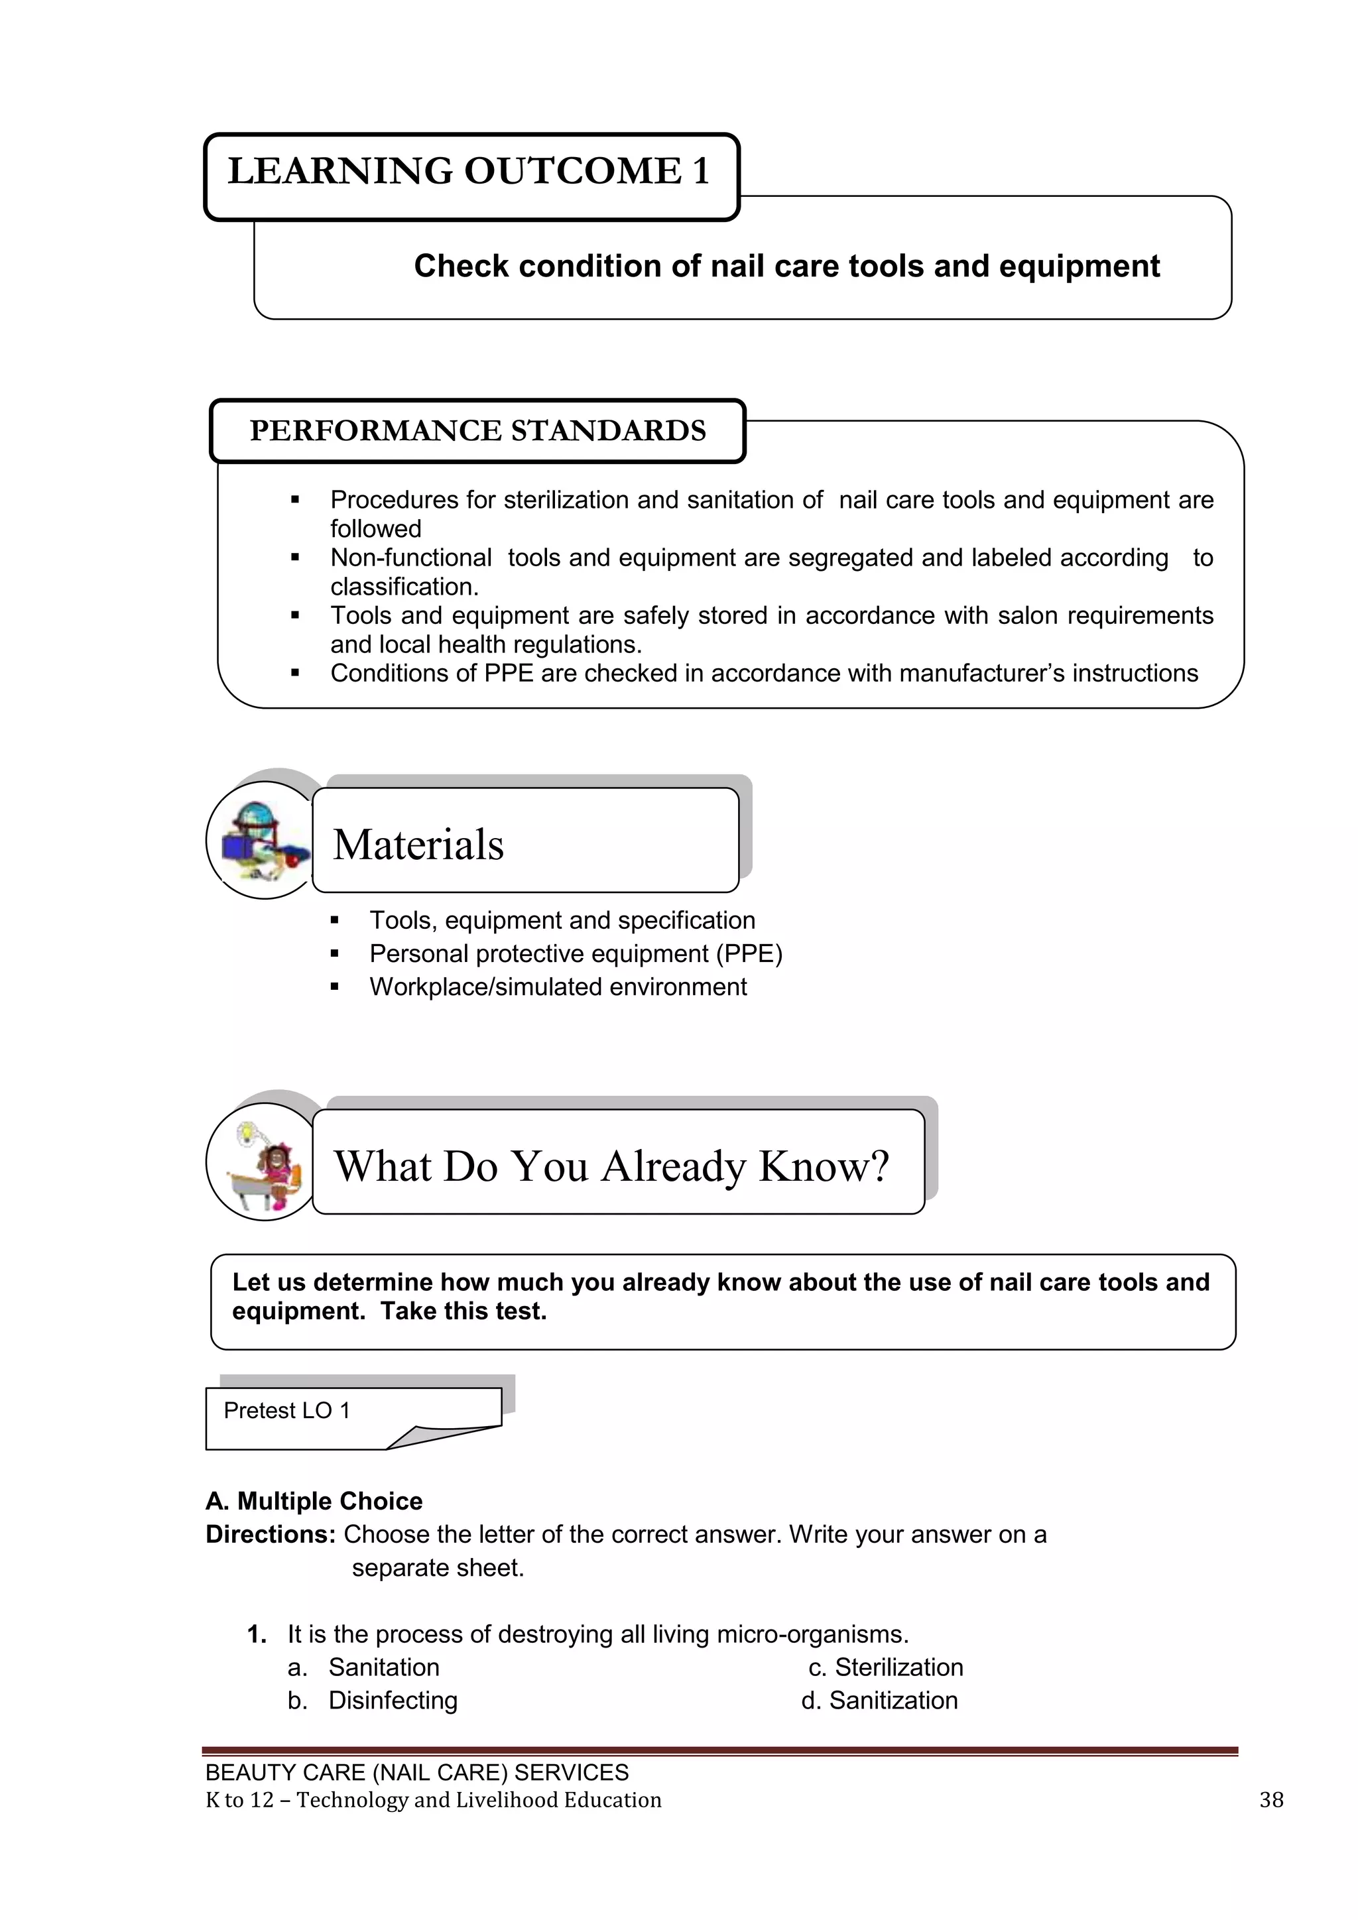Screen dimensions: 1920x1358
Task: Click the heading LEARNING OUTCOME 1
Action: [469, 172]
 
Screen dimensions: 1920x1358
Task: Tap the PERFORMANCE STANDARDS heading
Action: [477, 431]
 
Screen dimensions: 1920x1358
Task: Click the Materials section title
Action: [418, 845]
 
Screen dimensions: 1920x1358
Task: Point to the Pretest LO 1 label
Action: [287, 1411]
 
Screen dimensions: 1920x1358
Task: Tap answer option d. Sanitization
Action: [880, 1701]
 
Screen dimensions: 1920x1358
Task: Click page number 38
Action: [1271, 1799]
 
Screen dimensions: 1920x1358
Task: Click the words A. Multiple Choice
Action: [314, 1501]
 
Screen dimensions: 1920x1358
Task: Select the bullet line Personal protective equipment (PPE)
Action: [576, 954]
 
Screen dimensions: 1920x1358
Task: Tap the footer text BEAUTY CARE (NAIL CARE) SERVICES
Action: [416, 1772]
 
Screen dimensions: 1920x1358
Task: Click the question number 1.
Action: [257, 1634]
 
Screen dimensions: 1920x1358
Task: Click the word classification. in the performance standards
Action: [404, 587]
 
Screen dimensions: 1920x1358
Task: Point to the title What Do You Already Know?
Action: [611, 1167]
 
